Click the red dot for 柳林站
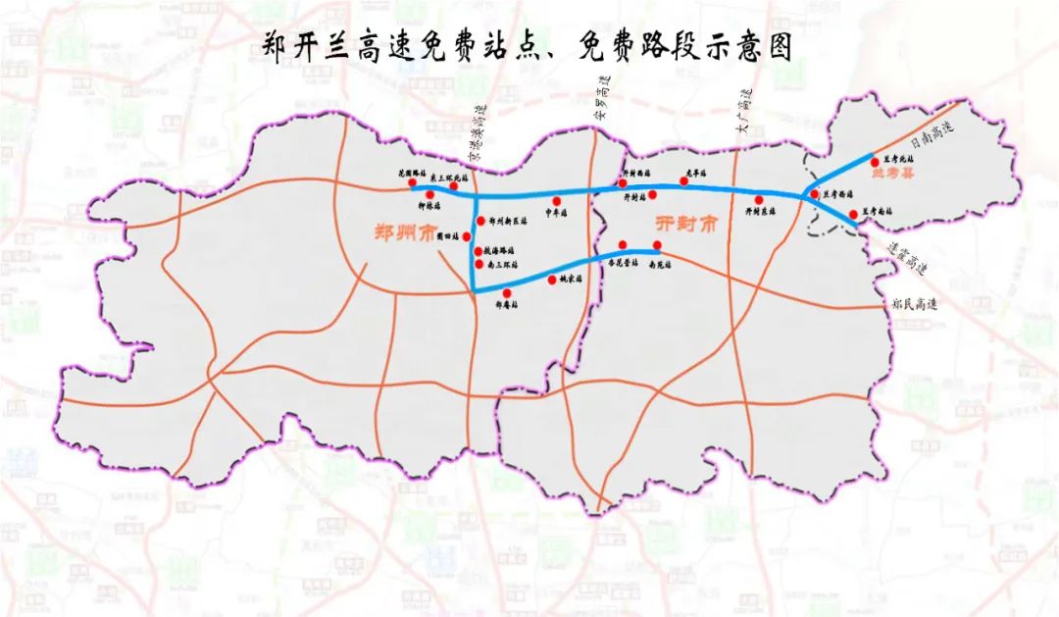click(x=430, y=195)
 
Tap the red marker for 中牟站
click(x=556, y=201)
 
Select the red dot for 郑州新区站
click(x=480, y=221)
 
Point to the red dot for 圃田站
click(x=467, y=236)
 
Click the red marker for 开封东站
click(x=759, y=200)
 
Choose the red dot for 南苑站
click(x=657, y=245)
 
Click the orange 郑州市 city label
click(x=404, y=233)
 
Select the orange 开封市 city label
click(x=686, y=224)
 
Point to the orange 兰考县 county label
click(x=892, y=177)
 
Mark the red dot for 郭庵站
click(x=506, y=293)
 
